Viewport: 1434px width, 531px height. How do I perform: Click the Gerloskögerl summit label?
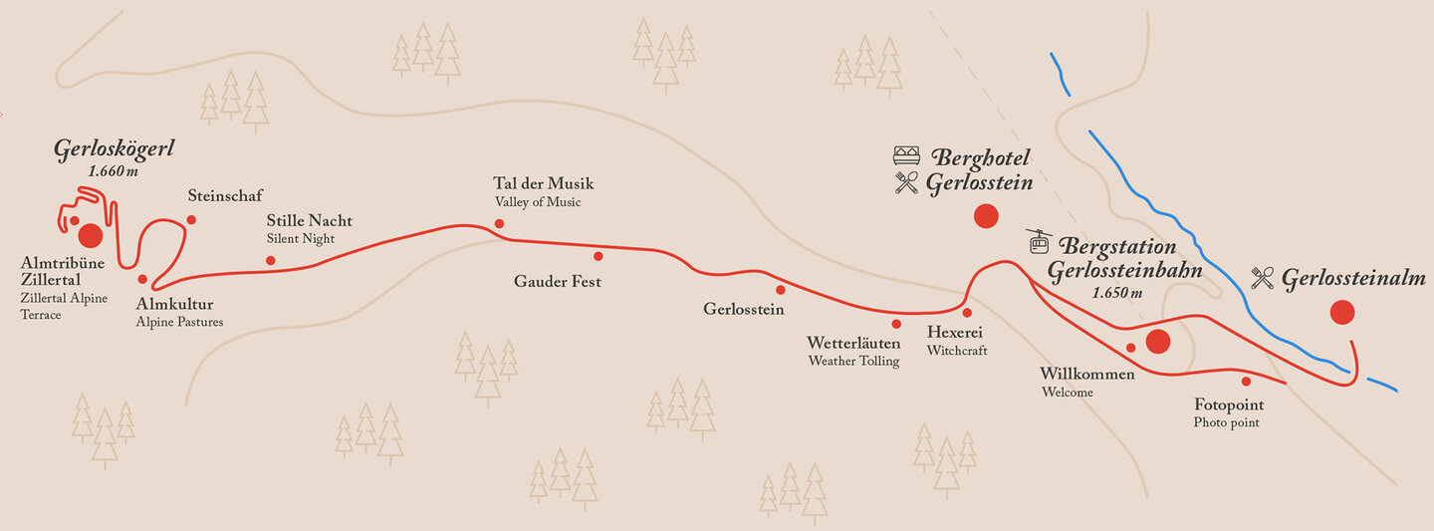tap(115, 149)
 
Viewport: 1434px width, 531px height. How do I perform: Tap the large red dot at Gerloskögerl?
tap(90, 235)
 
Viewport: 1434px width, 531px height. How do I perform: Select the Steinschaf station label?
tap(225, 195)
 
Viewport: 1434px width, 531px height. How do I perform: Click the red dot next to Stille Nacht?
tap(270, 261)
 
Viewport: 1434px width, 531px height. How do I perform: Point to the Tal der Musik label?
tap(543, 183)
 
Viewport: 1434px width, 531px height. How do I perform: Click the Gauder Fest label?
tap(558, 282)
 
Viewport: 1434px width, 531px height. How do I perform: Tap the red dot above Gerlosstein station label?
tap(781, 290)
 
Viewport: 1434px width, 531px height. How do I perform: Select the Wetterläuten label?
tap(853, 343)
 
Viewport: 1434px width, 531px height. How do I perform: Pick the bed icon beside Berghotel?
tap(906, 155)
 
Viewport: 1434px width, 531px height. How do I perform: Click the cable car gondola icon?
tap(1040, 242)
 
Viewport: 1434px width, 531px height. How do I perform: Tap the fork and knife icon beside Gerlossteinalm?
tap(1263, 278)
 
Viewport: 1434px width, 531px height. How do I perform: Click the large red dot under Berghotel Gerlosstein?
tap(986, 215)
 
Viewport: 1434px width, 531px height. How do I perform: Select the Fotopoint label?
tap(1229, 404)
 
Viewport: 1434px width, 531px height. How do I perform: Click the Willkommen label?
tap(1087, 374)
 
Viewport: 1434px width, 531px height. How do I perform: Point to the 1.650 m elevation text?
tap(1116, 293)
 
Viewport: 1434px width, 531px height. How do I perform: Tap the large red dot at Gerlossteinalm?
tap(1342, 313)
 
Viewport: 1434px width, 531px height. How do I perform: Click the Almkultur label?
tap(174, 304)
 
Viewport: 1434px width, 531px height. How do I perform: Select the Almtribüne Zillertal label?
tap(51, 272)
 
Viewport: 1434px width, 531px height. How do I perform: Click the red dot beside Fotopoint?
tap(1246, 381)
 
